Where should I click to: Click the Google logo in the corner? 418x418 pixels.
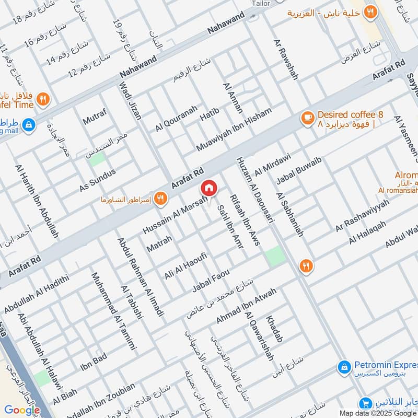22,410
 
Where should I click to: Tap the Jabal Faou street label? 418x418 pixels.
211,281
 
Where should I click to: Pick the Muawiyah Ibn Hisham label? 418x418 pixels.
234,130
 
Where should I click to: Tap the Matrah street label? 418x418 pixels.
159,243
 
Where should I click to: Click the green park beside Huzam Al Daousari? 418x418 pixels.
275,256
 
